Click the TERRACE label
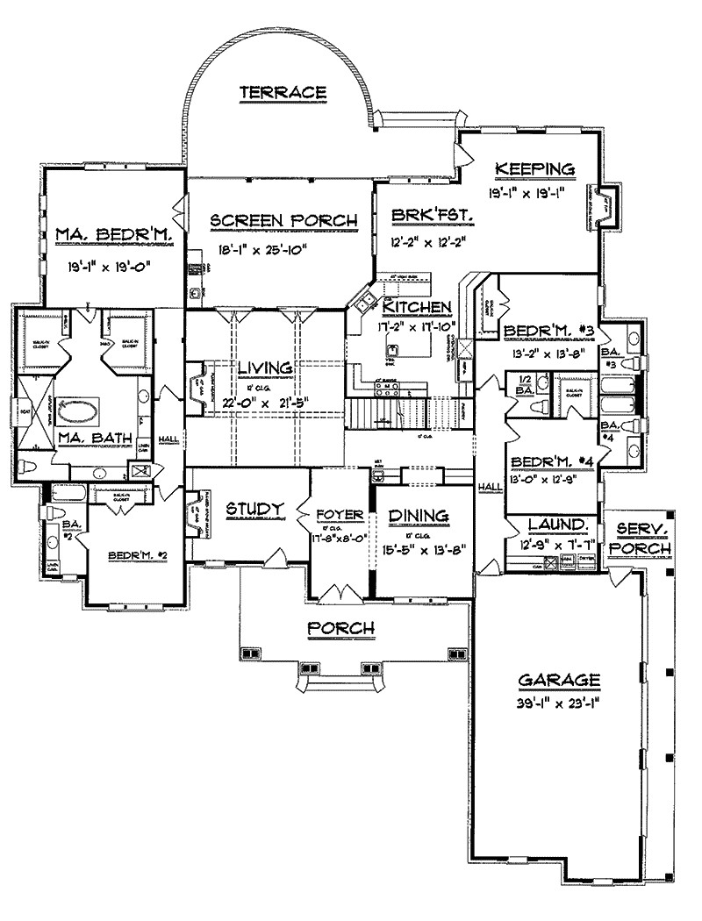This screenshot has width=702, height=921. (x=283, y=92)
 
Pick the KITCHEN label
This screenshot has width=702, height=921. (x=419, y=307)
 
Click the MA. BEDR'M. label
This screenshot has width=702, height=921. (x=104, y=234)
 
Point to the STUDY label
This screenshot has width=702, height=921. (x=254, y=509)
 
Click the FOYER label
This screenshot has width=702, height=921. (x=333, y=513)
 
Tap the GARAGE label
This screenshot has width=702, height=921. (x=558, y=680)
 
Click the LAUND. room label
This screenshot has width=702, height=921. (x=557, y=525)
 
